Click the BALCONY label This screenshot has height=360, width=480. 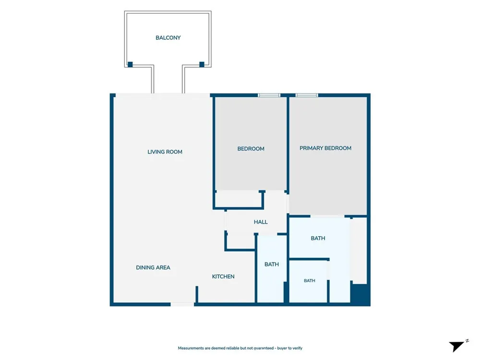click(168, 37)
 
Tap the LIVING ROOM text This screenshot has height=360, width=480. click(165, 152)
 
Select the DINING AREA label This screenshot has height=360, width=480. click(153, 267)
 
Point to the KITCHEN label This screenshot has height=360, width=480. click(223, 276)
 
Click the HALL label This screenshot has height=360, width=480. click(261, 222)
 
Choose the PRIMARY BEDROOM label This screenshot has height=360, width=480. click(325, 148)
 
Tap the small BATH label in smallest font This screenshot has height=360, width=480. click(310, 281)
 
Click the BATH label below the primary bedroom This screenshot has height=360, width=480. click(318, 238)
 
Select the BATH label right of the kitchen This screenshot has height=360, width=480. click(272, 264)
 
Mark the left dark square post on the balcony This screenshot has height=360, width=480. click(130, 64)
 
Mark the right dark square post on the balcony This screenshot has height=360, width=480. click(202, 64)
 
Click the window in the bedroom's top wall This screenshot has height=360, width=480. click(269, 95)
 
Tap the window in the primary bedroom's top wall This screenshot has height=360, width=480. click(307, 95)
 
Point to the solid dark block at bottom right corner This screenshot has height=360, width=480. click(360, 294)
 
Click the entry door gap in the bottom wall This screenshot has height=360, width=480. click(182, 304)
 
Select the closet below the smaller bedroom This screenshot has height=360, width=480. click(238, 199)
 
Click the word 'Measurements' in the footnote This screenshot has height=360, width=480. click(191, 348)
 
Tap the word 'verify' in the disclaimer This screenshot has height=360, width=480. click(297, 348)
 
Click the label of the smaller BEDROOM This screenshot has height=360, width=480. click(251, 149)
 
